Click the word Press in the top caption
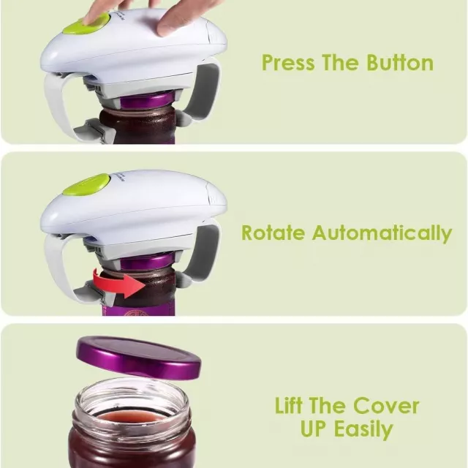tap(288, 63)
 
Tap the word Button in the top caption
tap(400, 63)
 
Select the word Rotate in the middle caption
tap(273, 233)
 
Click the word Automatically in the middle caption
tap(382, 234)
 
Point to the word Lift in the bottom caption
tap(288, 405)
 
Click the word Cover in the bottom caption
tap(386, 406)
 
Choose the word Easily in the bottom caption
tap(363, 429)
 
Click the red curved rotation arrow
tap(118, 283)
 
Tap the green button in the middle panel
tap(86, 185)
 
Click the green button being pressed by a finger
tap(86, 24)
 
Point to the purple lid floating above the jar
tap(139, 358)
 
